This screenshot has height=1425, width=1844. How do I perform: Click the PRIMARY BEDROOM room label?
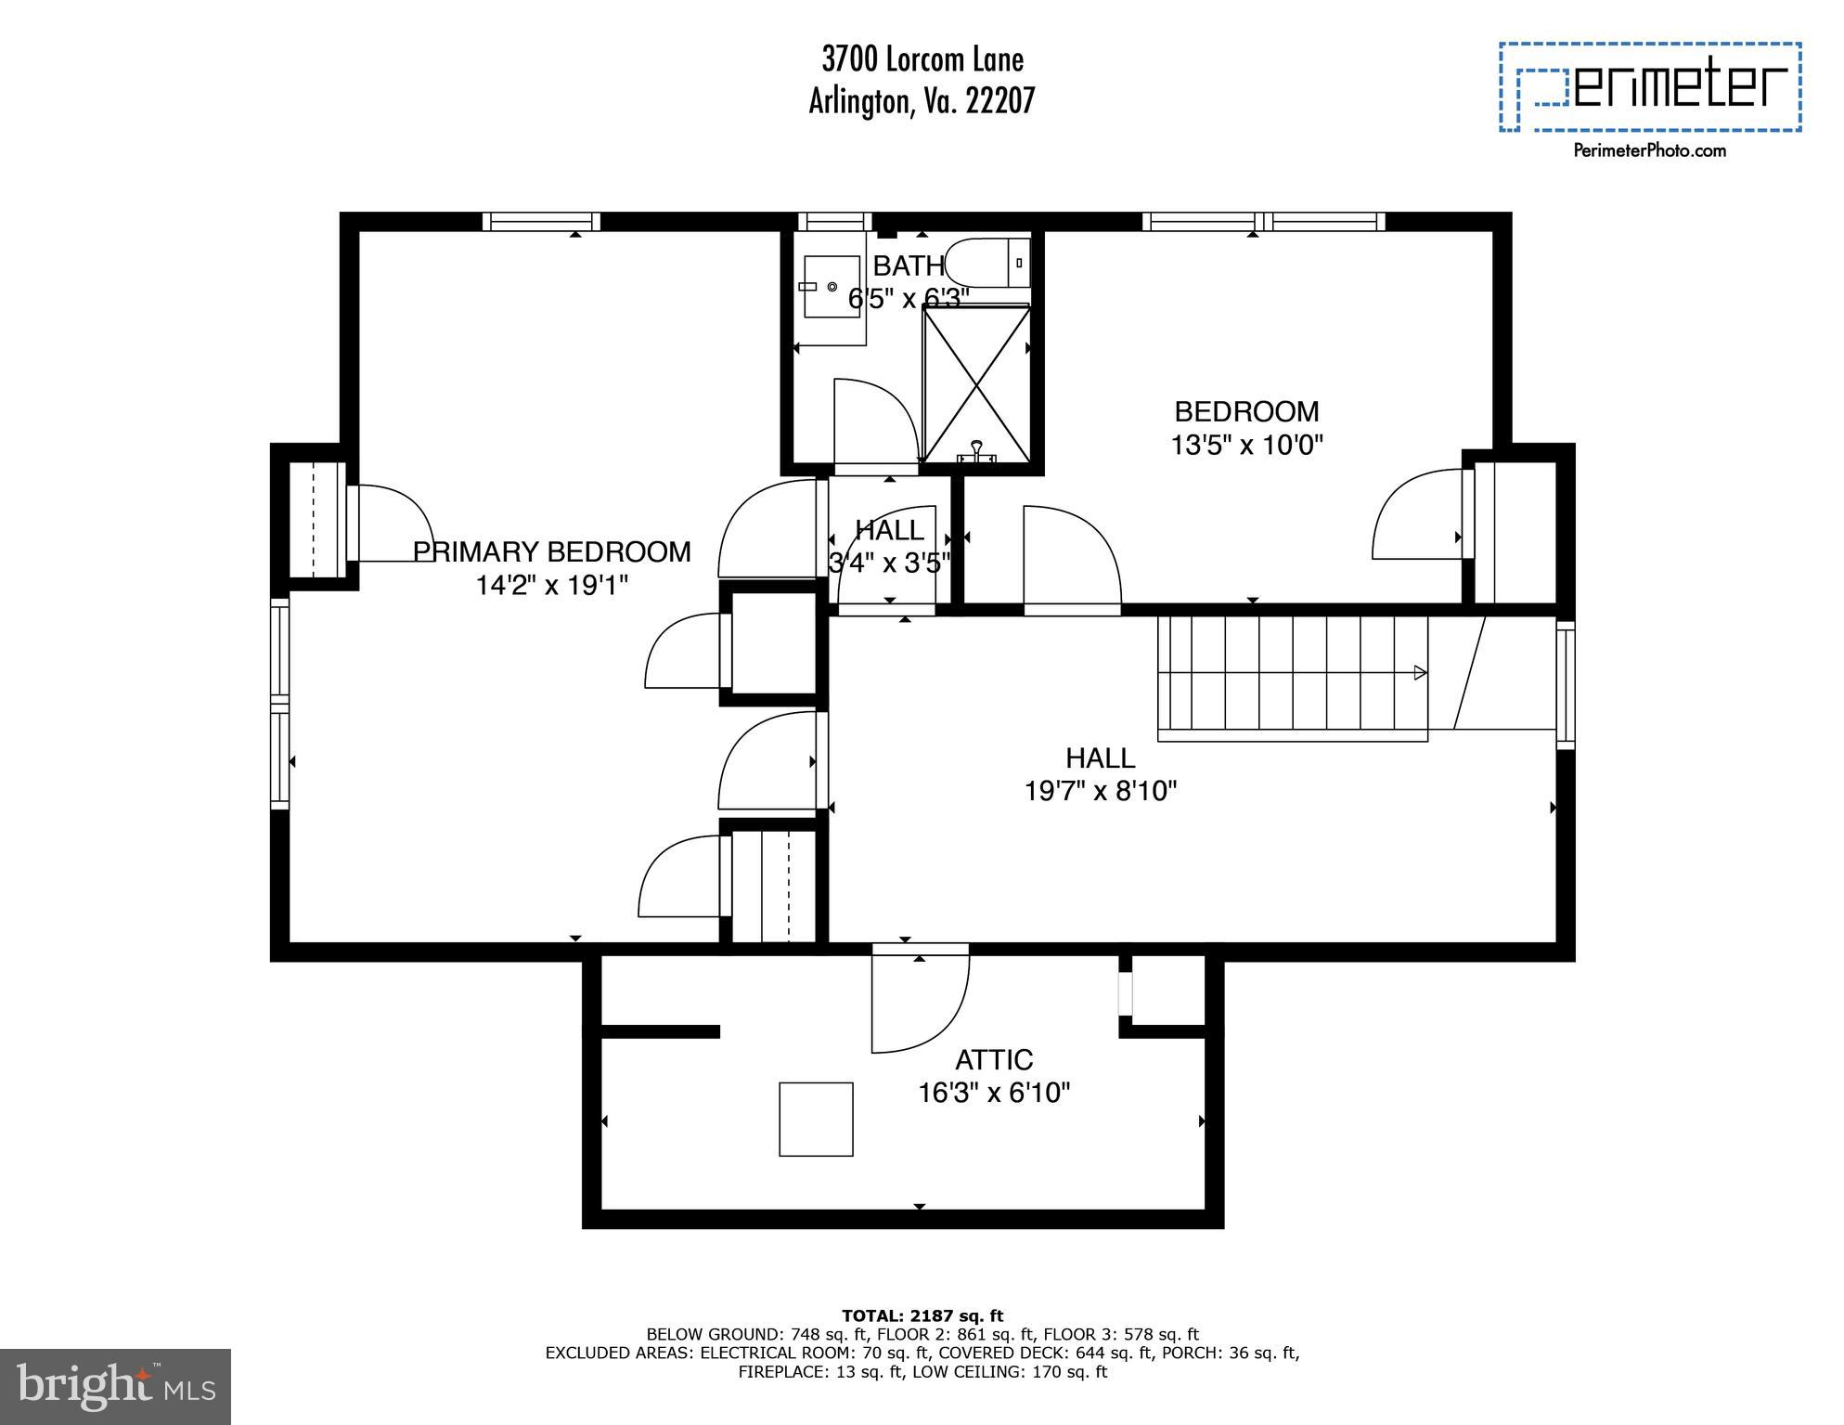coord(552,551)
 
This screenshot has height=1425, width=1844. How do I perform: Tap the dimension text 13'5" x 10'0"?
coord(1245,445)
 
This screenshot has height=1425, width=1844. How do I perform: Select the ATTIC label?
coord(994,1059)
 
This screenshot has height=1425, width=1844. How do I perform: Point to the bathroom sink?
coord(831,287)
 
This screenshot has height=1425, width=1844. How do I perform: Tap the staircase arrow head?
coord(1419,672)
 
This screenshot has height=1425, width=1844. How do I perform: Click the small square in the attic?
coord(816,1119)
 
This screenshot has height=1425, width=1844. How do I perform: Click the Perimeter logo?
coord(1650,86)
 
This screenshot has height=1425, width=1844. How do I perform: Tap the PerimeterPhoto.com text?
coord(1649,150)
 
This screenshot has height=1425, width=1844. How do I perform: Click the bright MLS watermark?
coord(115,1387)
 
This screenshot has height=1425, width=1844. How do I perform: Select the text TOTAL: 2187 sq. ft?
coord(922,1315)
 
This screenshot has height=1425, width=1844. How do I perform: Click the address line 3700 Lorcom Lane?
coord(922,59)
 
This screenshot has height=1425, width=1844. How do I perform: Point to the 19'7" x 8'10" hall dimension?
coord(1100,791)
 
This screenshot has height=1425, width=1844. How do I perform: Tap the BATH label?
coord(908,266)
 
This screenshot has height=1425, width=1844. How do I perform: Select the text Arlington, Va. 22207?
coord(922,100)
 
